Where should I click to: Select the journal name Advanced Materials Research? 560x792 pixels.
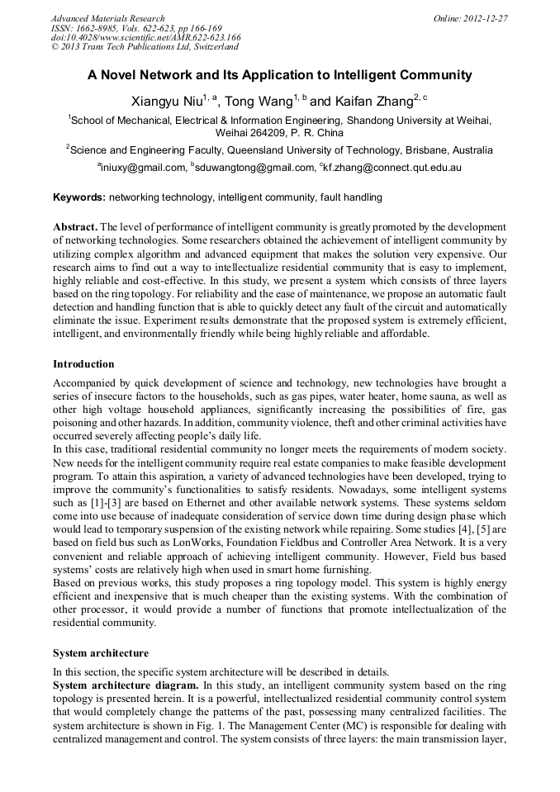tap(107, 18)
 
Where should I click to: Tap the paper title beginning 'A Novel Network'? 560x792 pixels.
tap(280, 75)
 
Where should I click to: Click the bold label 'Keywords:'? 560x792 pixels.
tap(79, 197)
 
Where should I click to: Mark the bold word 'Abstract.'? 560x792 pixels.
tap(75, 226)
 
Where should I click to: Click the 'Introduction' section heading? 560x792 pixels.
tap(83, 364)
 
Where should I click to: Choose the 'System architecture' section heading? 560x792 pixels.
tap(101, 652)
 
